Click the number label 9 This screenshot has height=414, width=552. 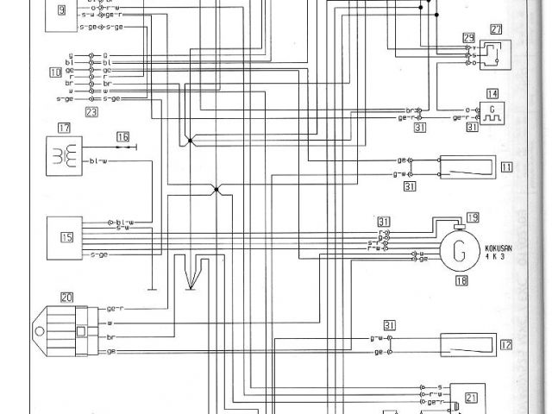pyautogui.click(x=62, y=10)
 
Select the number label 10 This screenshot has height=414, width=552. pyautogui.click(x=55, y=72)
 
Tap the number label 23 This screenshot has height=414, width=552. pyautogui.click(x=91, y=111)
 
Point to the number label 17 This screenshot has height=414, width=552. pyautogui.click(x=64, y=128)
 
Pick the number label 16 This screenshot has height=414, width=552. pyautogui.click(x=123, y=136)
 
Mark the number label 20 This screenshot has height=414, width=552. pyautogui.click(x=66, y=297)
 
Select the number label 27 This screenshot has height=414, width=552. pyautogui.click(x=496, y=29)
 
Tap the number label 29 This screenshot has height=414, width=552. pyautogui.click(x=468, y=38)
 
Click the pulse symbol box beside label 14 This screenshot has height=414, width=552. pyautogui.click(x=492, y=112)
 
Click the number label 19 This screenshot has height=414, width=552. pyautogui.click(x=473, y=217)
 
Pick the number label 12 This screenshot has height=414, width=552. pyautogui.click(x=506, y=345)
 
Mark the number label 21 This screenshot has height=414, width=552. pyautogui.click(x=471, y=398)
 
